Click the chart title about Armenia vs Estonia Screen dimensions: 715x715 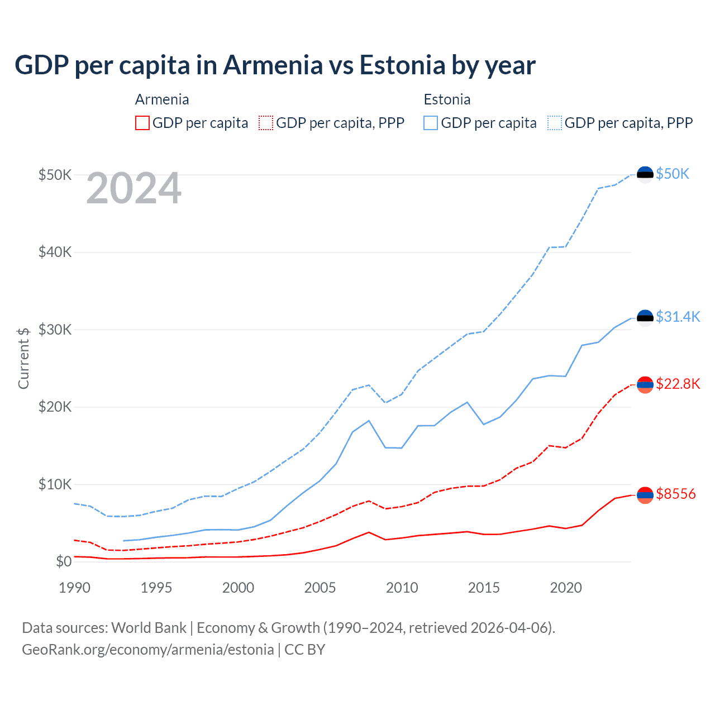pyautogui.click(x=275, y=65)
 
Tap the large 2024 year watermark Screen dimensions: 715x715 pyautogui.click(x=134, y=188)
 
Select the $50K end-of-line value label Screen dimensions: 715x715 pyautogui.click(x=673, y=174)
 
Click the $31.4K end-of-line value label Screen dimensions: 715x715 pyautogui.click(x=678, y=317)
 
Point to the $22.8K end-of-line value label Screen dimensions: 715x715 pyautogui.click(x=678, y=384)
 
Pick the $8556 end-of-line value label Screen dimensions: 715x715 pyautogui.click(x=676, y=494)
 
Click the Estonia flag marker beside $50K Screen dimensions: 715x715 pyautogui.click(x=645, y=175)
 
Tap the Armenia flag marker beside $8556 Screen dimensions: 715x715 pyautogui.click(x=645, y=495)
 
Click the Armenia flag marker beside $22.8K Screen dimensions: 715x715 pyautogui.click(x=645, y=385)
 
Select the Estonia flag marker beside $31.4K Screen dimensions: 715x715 pyautogui.click(x=645, y=318)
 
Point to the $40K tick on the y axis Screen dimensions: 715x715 pyautogui.click(x=55, y=252)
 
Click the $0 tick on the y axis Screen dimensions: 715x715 pyautogui.click(x=64, y=561)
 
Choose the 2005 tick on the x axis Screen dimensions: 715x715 pyautogui.click(x=320, y=588)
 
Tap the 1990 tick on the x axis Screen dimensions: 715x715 pyautogui.click(x=74, y=588)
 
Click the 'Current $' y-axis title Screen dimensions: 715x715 pyautogui.click(x=23, y=358)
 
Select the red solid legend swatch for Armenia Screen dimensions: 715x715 pyautogui.click(x=142, y=123)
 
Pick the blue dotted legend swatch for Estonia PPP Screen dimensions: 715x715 pyautogui.click(x=555, y=123)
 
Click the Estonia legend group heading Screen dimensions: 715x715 pyautogui.click(x=447, y=99)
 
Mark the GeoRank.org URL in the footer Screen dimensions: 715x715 pyautogui.click(x=148, y=650)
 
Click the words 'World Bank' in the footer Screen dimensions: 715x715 pyautogui.click(x=149, y=628)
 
